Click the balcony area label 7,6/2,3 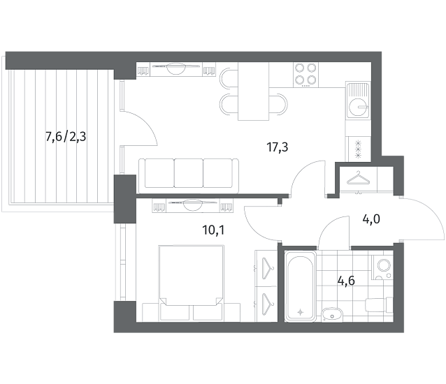[66, 138]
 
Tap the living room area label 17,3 [278, 147]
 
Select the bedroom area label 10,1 [213, 230]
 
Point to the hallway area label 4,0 [371, 219]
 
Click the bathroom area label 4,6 [346, 281]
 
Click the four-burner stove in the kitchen [305, 75]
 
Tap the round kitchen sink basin [357, 107]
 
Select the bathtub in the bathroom [300, 286]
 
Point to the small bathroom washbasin [332, 314]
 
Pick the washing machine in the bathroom [382, 267]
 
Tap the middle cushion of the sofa [188, 173]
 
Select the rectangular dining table [254, 91]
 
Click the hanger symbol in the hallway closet [358, 178]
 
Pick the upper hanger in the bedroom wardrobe [266, 268]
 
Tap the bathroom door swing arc [326, 224]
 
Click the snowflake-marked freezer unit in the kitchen [358, 149]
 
